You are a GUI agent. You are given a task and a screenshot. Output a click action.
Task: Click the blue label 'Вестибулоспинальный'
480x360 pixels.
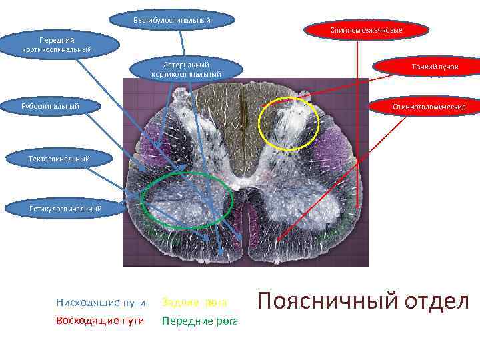click(172, 20)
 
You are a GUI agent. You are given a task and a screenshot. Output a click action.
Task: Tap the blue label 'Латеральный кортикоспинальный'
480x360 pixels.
click(186, 69)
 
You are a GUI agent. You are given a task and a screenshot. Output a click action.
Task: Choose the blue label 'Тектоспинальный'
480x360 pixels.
click(59, 158)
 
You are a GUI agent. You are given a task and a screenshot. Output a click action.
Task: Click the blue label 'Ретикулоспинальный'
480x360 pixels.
click(65, 209)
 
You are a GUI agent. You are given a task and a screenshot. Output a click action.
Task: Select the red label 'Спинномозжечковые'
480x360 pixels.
click(366, 31)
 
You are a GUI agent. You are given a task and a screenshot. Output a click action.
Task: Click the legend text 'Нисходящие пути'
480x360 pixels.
click(101, 303)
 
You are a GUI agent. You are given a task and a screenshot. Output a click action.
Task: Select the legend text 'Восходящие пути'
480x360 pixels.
click(101, 321)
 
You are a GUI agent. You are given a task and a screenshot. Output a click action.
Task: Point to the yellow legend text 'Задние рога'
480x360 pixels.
click(195, 303)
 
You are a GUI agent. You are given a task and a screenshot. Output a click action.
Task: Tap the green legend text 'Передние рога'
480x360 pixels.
click(200, 321)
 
